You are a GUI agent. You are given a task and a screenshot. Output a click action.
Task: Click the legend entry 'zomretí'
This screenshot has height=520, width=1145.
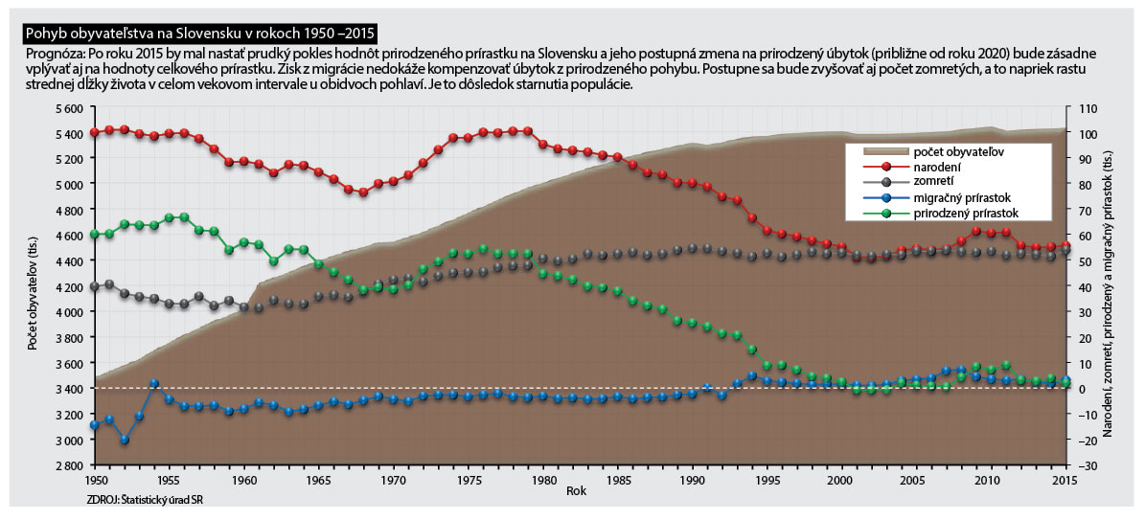point(928,182)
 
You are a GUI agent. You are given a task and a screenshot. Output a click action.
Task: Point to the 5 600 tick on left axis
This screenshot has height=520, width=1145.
point(68,108)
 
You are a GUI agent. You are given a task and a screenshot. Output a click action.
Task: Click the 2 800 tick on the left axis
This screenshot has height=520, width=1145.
point(68,465)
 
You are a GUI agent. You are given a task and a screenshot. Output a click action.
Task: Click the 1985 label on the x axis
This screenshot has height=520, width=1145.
point(619,478)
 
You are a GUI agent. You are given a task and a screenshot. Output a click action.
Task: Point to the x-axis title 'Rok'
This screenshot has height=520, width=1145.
point(576,489)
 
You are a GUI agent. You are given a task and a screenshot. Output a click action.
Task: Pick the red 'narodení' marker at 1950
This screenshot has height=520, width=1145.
point(95,132)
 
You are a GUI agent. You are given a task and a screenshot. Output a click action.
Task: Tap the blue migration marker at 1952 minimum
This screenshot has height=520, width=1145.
point(125,440)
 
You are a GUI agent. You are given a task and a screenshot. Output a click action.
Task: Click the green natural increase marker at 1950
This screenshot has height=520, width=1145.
point(95,234)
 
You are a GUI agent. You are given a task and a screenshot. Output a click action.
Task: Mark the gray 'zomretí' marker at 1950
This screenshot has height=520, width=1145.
point(95,286)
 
